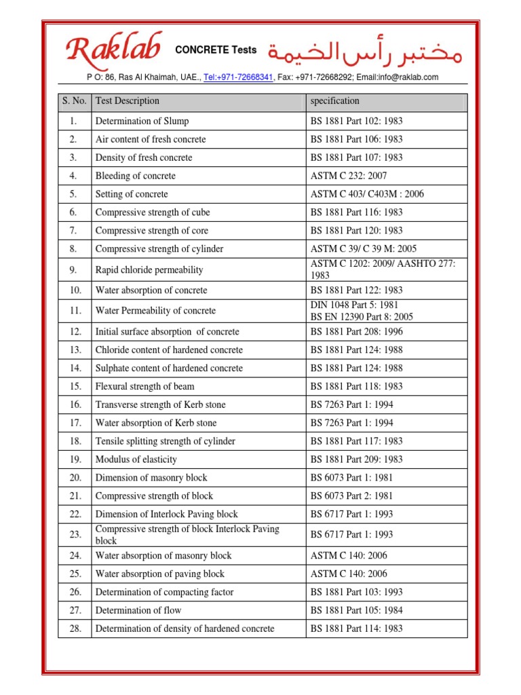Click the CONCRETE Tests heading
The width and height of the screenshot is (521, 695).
(216, 50)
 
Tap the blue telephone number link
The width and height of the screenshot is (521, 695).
(238, 77)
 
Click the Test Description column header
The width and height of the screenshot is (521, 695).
(128, 101)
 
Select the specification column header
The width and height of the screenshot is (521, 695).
(334, 101)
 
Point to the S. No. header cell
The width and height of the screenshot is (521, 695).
(75, 101)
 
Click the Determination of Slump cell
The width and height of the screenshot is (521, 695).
(142, 121)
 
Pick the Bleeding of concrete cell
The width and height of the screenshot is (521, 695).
(135, 176)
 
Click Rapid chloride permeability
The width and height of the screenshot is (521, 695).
(149, 270)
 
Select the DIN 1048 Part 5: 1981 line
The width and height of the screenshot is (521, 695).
(354, 305)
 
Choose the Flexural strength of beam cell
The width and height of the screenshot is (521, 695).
(144, 386)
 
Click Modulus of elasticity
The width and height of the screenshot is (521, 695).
(136, 459)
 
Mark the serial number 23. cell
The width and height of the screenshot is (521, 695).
(75, 535)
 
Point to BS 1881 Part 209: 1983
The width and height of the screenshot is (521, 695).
(356, 459)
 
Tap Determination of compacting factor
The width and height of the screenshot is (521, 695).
(164, 593)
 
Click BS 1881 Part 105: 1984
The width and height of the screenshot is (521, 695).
(356, 611)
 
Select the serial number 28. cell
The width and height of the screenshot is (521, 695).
(75, 629)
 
